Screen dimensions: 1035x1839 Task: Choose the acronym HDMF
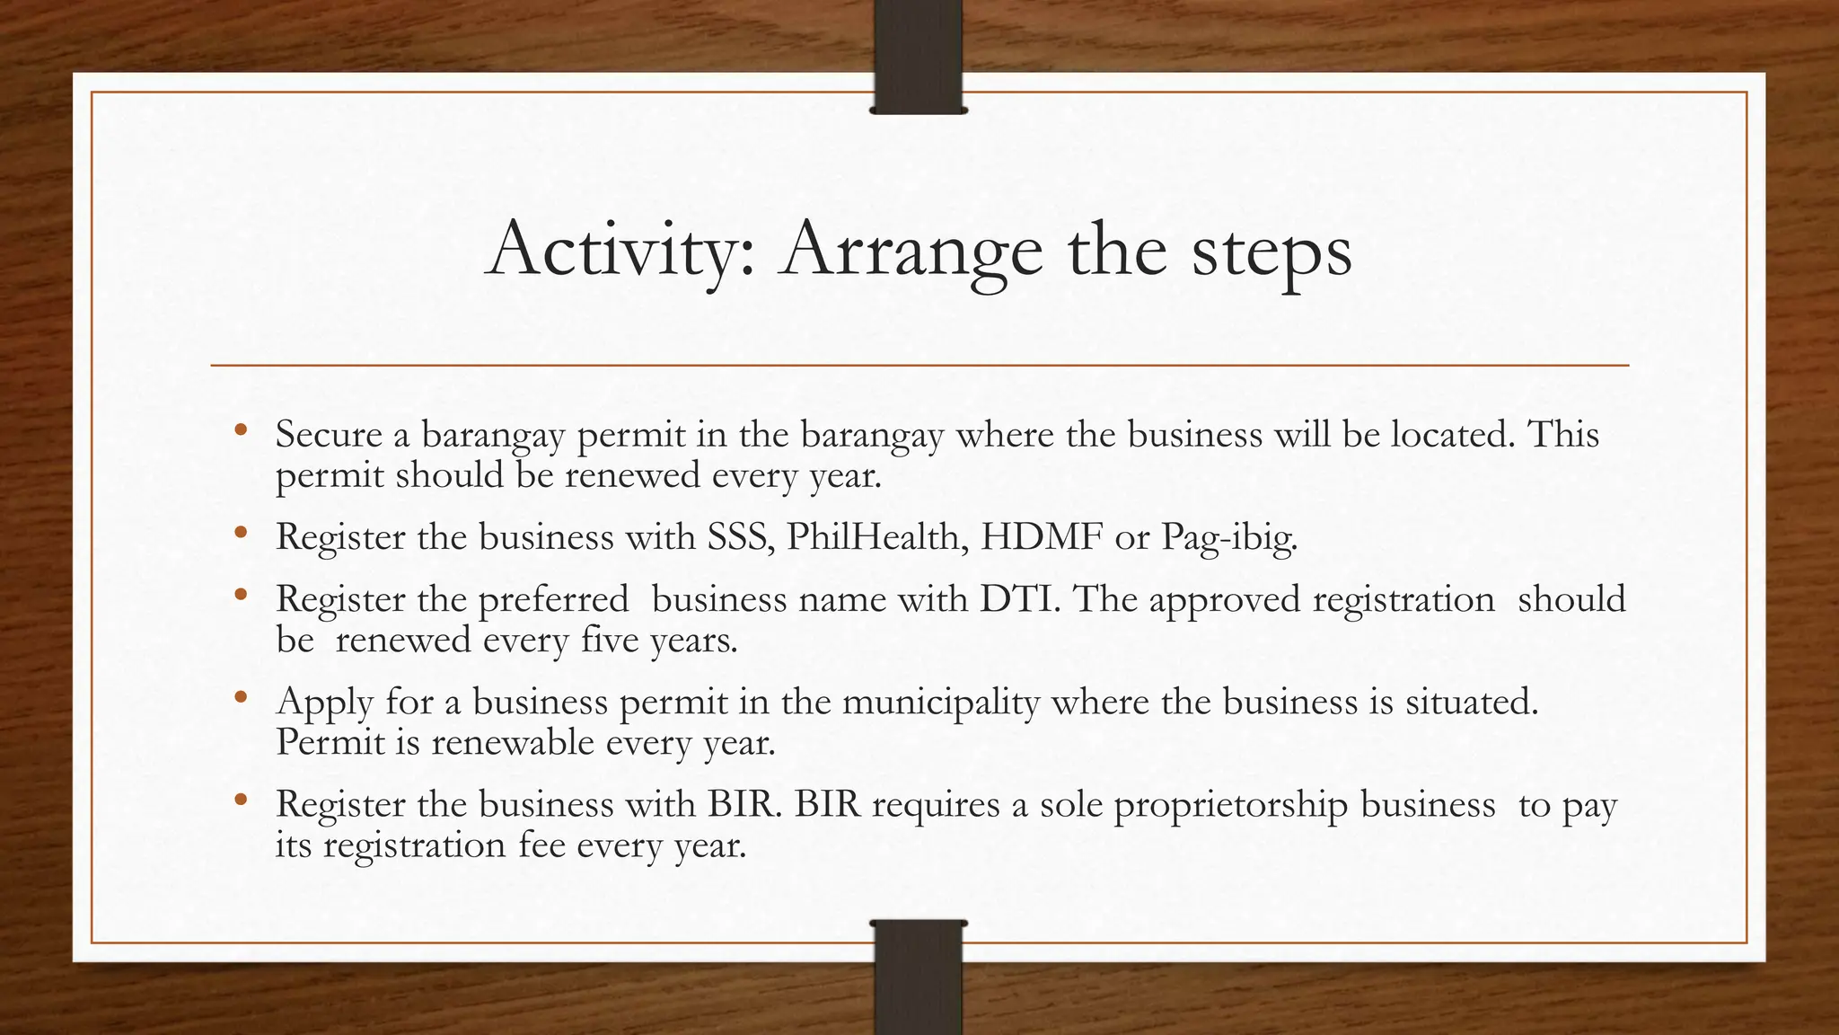(1041, 537)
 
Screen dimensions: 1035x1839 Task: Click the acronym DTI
(1019, 599)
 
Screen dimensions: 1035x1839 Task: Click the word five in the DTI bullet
(609, 640)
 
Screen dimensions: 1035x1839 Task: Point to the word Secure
(329, 435)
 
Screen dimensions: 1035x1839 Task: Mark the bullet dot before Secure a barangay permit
(239, 430)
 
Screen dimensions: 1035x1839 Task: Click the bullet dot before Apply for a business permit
(239, 697)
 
